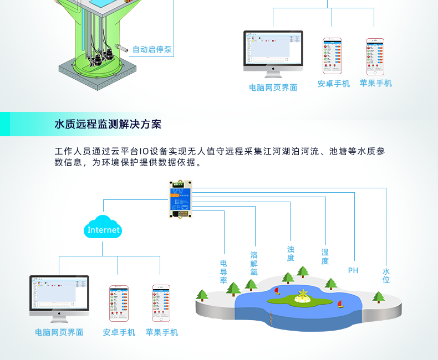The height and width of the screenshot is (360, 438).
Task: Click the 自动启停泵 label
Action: click(152, 50)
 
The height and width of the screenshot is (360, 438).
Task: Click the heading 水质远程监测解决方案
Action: click(108, 124)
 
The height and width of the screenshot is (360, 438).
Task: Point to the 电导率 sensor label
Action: click(223, 271)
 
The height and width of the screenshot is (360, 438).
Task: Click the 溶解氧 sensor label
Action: click(254, 264)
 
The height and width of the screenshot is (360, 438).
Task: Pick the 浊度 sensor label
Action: click(291, 254)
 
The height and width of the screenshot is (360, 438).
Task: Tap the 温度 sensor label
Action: click(325, 256)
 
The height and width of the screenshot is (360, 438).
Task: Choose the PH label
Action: click(353, 270)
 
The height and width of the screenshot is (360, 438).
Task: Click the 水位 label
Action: click(386, 276)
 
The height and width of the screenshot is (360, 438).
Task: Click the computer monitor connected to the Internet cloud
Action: click(59, 296)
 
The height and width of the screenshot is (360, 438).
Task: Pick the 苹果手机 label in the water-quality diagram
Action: click(162, 332)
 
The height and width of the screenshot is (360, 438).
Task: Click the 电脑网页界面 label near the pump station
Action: click(273, 88)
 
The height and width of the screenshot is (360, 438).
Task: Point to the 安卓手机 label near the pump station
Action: click(333, 84)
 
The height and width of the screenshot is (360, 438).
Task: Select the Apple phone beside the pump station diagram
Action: click(375, 56)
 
